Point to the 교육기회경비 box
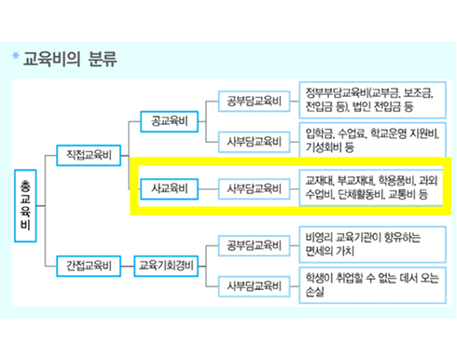click(166, 264)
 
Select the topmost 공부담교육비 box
click(254, 99)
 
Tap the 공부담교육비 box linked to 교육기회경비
click(254, 244)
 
